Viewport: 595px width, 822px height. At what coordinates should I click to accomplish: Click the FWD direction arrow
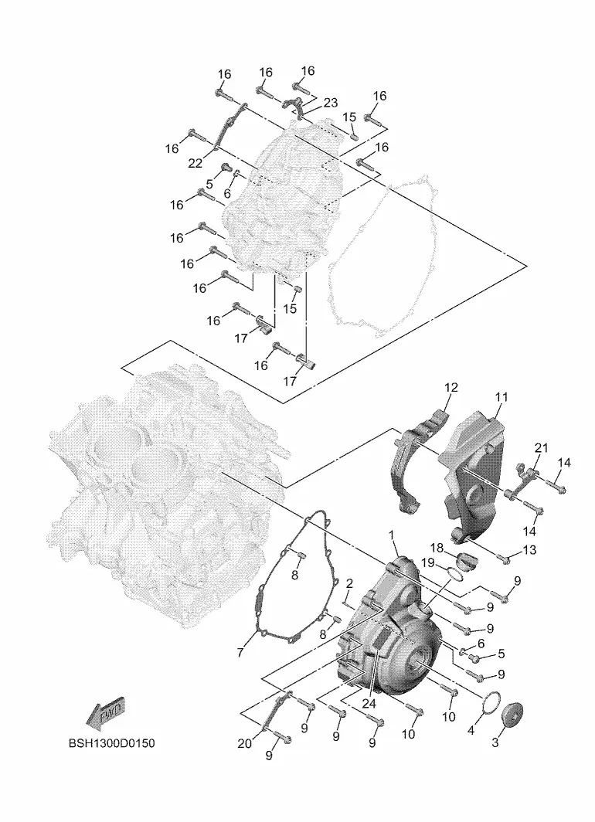105,713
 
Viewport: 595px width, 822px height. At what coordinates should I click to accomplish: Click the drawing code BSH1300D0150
112,743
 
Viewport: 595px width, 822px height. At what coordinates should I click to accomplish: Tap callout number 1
391,534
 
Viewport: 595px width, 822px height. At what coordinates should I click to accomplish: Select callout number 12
450,388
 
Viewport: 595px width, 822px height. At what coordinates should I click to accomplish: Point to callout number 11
501,397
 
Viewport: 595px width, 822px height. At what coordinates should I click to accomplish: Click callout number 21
541,448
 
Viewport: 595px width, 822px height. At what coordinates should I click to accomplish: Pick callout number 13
529,549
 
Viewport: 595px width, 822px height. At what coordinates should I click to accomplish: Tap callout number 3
495,742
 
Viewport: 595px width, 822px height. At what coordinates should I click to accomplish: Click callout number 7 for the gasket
240,652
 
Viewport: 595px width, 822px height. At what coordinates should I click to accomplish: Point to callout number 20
245,743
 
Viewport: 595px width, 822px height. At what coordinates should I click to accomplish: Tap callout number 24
369,704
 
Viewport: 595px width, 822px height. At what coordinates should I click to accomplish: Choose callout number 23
331,102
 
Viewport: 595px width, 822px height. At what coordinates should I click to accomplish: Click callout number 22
195,163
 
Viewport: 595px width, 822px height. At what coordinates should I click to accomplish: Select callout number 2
350,583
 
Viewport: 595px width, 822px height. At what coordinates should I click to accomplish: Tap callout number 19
428,562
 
